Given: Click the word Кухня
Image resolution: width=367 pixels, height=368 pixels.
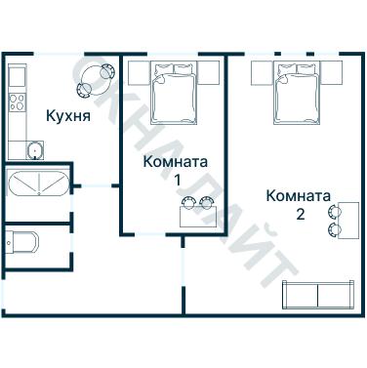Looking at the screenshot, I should click(68, 116).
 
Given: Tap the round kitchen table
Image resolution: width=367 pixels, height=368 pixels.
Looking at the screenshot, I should click(99, 78).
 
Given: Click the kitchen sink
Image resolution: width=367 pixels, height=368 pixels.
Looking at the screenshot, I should click(35, 149).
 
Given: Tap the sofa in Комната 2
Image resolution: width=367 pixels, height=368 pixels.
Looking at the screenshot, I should click(317, 295).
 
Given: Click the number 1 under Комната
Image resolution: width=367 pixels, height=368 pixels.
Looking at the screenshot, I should click(178, 180).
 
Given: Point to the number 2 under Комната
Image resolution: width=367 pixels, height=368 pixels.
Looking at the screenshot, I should click(300, 213).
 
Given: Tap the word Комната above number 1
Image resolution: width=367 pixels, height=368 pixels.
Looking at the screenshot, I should click(177, 161).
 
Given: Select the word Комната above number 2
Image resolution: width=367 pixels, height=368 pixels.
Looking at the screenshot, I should click(299, 194).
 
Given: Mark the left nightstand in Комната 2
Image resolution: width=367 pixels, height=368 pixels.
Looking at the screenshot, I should click(261, 71).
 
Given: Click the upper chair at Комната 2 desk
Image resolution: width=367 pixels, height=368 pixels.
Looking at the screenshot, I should click(338, 210).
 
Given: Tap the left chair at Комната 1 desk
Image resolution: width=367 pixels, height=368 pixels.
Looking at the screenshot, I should click(188, 203).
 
